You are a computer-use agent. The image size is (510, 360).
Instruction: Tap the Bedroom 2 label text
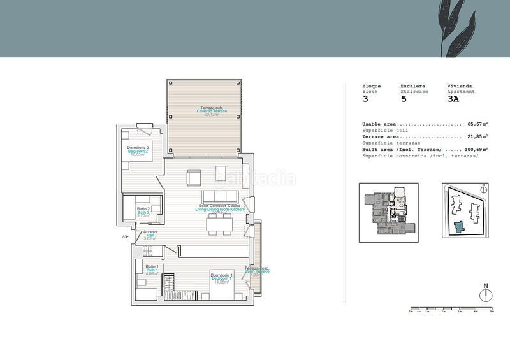(x=138, y=151)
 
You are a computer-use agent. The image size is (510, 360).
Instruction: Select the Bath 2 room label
(x=143, y=212)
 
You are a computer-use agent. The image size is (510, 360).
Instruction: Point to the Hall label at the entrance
(x=150, y=235)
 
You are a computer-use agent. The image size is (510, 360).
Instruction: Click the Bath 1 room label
(x=151, y=270)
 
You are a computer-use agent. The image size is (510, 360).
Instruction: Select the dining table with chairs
(x=220, y=223)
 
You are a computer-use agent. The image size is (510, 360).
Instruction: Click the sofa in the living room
(x=221, y=196)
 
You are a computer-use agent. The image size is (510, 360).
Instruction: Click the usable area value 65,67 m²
(x=477, y=124)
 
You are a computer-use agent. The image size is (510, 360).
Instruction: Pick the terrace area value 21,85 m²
(x=477, y=136)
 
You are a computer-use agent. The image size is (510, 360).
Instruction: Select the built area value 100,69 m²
(x=476, y=149)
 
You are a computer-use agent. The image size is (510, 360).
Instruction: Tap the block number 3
(x=365, y=99)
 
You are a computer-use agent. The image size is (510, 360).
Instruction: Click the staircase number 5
(x=404, y=99)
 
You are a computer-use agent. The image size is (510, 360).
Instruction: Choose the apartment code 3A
(x=453, y=99)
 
